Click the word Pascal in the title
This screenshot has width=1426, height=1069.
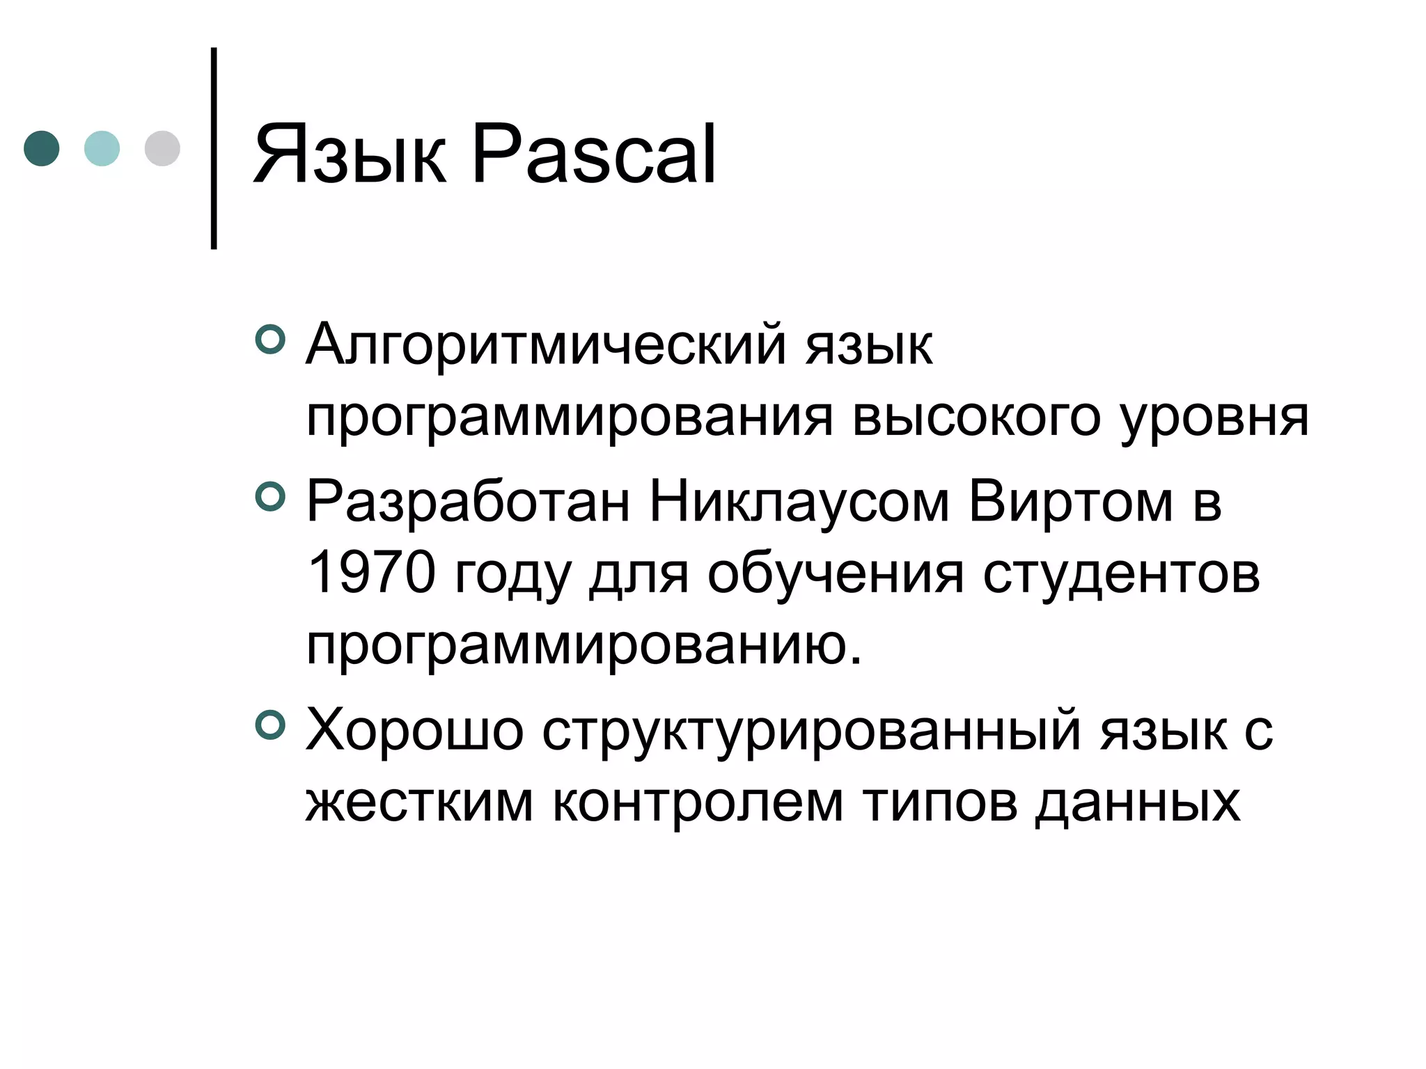click(x=593, y=155)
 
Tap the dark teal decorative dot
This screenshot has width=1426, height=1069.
click(x=42, y=148)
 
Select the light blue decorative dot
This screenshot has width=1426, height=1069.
click(x=102, y=148)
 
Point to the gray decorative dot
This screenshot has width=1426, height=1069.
click(x=162, y=148)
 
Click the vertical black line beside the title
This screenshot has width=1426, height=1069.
click(x=214, y=148)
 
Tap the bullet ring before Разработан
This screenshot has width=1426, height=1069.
click(x=270, y=497)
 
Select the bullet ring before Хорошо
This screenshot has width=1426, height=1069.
click(x=270, y=725)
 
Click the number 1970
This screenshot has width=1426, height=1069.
click(x=370, y=573)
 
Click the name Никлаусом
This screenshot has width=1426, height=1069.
click(x=799, y=502)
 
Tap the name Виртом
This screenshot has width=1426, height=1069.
click(x=1070, y=502)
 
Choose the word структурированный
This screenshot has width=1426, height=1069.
click(x=812, y=731)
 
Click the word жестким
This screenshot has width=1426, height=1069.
click(x=419, y=802)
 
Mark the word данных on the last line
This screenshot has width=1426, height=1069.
click(x=1138, y=802)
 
